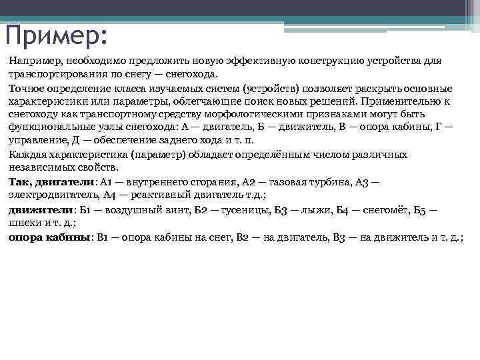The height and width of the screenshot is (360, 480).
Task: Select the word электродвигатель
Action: click(53, 195)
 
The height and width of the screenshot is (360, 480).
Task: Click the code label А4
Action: click(111, 195)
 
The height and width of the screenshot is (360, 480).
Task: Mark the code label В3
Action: click(339, 237)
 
